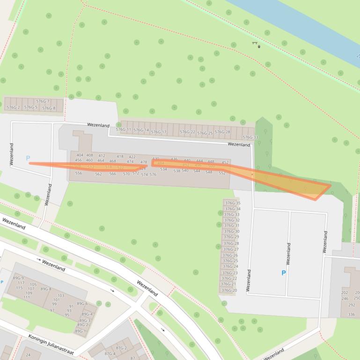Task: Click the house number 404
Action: (x=80, y=155)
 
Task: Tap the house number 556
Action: (x=78, y=173)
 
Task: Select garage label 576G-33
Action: (x=250, y=137)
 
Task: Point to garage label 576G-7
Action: (x=43, y=101)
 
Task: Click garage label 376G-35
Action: (x=232, y=203)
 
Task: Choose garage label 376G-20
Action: (x=228, y=290)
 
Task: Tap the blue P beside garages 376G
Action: (x=283, y=273)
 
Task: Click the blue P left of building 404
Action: (x=28, y=158)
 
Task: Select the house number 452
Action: (x=225, y=163)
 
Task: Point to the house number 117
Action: (x=21, y=283)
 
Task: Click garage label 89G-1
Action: (x=81, y=331)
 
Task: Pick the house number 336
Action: (x=352, y=315)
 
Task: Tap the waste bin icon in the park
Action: (x=259, y=46)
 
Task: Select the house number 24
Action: (x=28, y=355)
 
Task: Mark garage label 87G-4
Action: (x=110, y=354)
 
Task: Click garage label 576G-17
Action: (x=159, y=132)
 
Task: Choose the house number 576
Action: (x=153, y=174)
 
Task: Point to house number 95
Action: (x=67, y=315)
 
